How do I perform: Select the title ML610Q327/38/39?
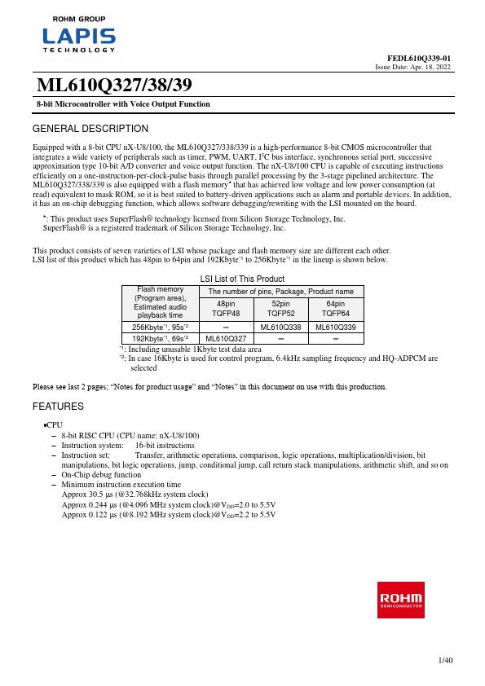pyautogui.click(x=115, y=86)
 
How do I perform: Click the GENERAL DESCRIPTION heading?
pyautogui.click(x=90, y=129)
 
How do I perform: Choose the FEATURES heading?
pyautogui.click(x=58, y=406)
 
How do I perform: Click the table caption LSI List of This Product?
pyautogui.click(x=242, y=279)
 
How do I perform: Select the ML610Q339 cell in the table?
pyautogui.click(x=334, y=327)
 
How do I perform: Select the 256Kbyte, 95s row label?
pyautogui.click(x=160, y=327)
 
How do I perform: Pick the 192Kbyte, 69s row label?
pyautogui.click(x=160, y=337)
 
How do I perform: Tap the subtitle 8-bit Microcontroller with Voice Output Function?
pyautogui.click(x=123, y=104)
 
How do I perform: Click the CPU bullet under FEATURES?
pyautogui.click(x=53, y=425)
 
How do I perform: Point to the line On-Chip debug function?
pyautogui.click(x=101, y=474)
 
